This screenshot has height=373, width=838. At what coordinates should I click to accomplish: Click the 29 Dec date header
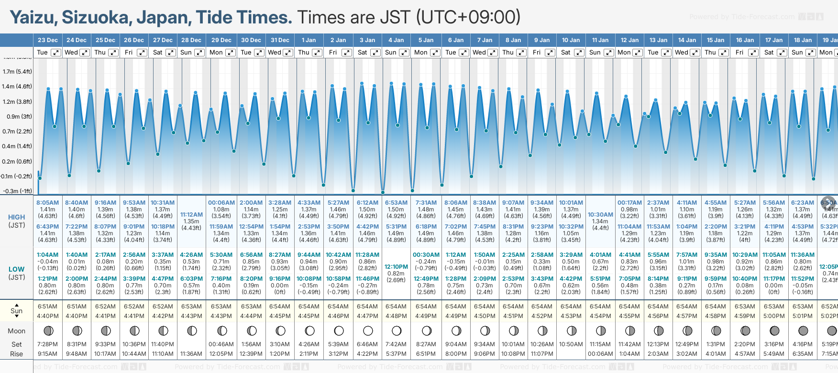point(221,40)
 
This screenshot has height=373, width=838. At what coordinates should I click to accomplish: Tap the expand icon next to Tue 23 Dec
point(55,53)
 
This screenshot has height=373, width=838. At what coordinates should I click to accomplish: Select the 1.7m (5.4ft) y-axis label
point(17,72)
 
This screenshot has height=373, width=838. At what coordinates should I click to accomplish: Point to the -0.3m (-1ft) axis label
point(17,191)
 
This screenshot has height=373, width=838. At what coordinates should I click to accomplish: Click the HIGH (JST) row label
point(17,221)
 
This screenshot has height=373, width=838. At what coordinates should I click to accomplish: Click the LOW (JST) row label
point(17,273)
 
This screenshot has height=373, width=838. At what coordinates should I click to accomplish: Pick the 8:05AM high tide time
point(47,203)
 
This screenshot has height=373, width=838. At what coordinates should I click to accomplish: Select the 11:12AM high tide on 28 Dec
point(191,215)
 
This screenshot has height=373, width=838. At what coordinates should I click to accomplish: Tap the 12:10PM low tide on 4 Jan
point(396,267)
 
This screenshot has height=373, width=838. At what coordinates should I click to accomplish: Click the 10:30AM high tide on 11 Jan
point(600,215)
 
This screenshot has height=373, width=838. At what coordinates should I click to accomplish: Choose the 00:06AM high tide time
point(221,203)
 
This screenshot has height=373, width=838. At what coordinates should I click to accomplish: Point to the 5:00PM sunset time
point(773,316)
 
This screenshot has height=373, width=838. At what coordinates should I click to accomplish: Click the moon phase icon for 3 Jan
point(368,330)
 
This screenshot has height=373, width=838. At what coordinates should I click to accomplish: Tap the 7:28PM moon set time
point(47,344)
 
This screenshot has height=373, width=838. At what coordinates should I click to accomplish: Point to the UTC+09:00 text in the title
point(468,18)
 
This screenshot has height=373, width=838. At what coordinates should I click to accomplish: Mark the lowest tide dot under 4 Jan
point(383,192)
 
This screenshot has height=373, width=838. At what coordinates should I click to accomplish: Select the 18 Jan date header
point(803,40)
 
